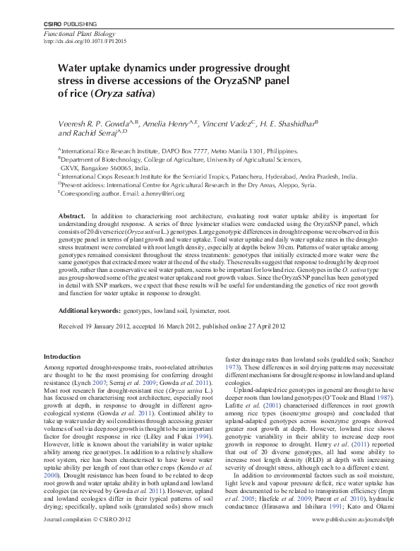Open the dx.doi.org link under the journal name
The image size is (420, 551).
(79, 42)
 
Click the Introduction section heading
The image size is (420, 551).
(63, 356)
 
